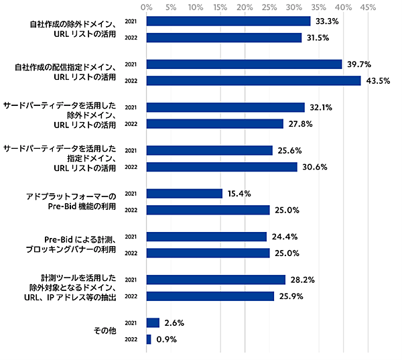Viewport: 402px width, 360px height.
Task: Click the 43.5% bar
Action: click(x=253, y=80)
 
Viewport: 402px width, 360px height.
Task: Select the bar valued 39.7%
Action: click(x=244, y=64)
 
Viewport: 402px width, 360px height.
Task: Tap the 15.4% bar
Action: click(x=184, y=193)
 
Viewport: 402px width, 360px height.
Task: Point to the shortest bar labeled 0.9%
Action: click(x=149, y=339)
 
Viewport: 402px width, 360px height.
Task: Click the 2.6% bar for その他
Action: click(x=153, y=322)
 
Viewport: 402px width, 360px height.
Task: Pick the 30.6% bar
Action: click(x=222, y=167)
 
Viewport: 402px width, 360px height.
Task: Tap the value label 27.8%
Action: click(x=299, y=124)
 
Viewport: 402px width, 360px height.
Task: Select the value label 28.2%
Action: click(x=301, y=280)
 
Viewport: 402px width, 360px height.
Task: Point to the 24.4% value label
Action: click(x=283, y=237)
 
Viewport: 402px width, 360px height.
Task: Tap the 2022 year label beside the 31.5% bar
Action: click(x=131, y=38)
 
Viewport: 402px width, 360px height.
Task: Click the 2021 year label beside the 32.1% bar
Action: click(x=131, y=107)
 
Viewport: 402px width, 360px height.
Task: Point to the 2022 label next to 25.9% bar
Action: click(x=131, y=296)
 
